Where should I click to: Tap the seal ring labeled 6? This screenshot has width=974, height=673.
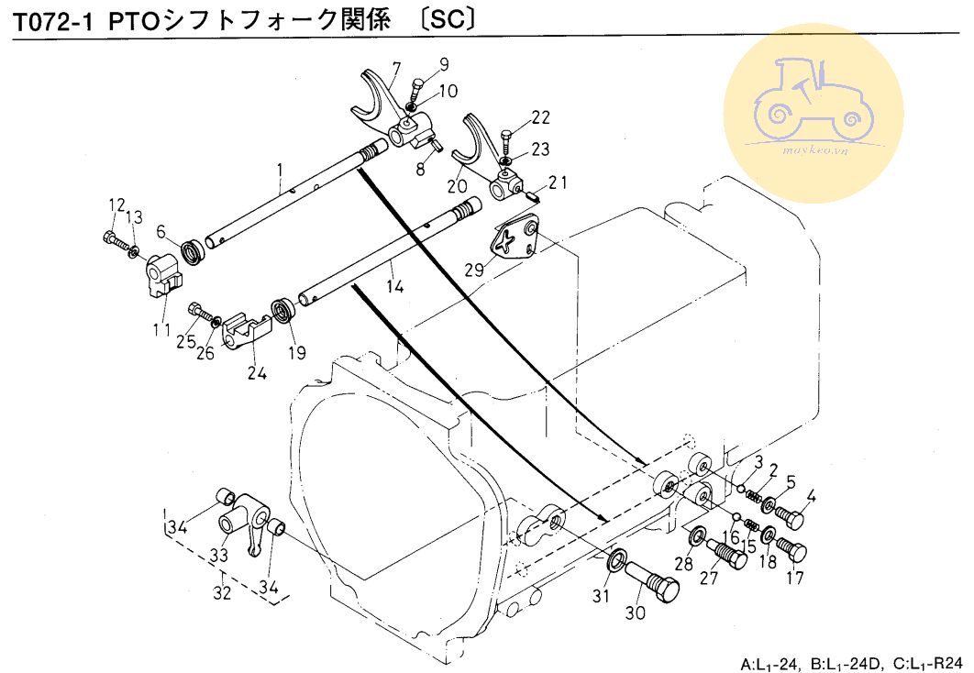click(193, 250)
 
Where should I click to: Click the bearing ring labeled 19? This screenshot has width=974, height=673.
click(285, 308)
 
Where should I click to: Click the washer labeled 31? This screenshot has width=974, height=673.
click(618, 557)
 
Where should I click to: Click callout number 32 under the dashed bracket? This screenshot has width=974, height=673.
click(222, 592)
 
